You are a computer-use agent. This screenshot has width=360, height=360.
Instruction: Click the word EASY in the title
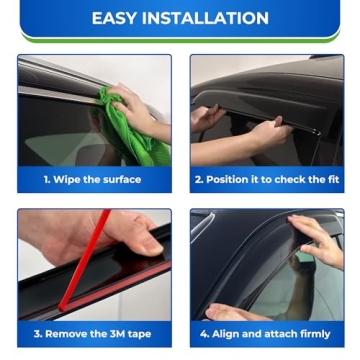[117, 18]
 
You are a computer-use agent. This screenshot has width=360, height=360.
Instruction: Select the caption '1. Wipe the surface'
[92, 180]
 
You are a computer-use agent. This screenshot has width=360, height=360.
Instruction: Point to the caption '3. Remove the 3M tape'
[93, 334]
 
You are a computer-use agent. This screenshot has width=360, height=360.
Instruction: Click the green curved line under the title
[180, 41]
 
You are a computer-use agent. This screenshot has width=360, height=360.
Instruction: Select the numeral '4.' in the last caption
[205, 334]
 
